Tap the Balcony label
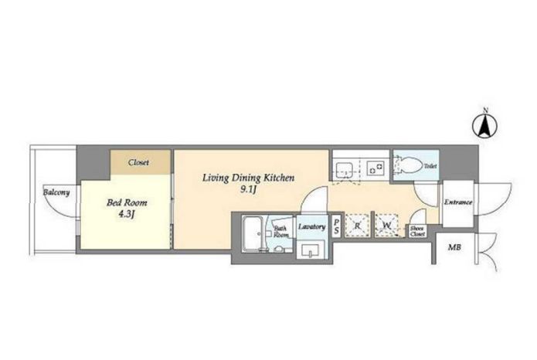tap(56, 192)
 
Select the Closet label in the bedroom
tap(139, 162)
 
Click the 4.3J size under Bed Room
tap(127, 215)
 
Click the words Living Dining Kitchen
tap(248, 178)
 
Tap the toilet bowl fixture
tap(409, 165)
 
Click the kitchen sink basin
tap(345, 168)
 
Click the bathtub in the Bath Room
tap(252, 234)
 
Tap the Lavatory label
tap(311, 227)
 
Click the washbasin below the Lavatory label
tap(311, 250)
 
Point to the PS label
tap(337, 226)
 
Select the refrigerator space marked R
tap(358, 226)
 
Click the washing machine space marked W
tap(387, 226)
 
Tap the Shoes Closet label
tap(417, 232)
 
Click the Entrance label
tap(458, 202)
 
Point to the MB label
tap(455, 247)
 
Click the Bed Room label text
tap(127, 202)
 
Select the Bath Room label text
tap(280, 232)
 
